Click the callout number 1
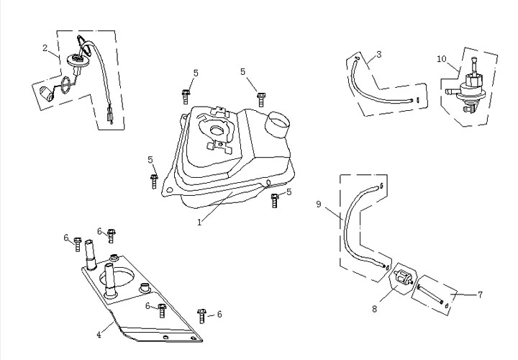pos(199,222)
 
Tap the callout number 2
pos(45,49)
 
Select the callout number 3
pos(379,54)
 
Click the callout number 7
pos(480,294)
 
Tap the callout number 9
pos(318,205)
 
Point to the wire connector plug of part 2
pos(111,115)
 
